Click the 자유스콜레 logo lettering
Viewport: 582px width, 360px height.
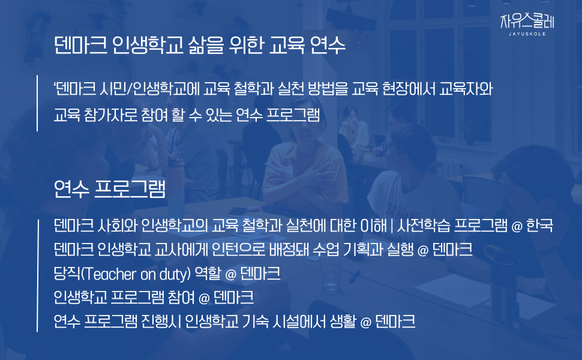[527, 21]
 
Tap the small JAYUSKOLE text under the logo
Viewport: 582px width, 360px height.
[527, 34]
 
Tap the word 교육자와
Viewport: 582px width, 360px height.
[466, 89]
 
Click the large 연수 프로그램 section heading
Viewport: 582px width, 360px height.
[109, 189]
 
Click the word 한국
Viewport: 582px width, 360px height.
[540, 225]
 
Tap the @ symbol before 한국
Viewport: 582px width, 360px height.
[517, 226]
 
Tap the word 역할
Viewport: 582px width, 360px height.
[208, 274]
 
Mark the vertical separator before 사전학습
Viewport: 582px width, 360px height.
[392, 225]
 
